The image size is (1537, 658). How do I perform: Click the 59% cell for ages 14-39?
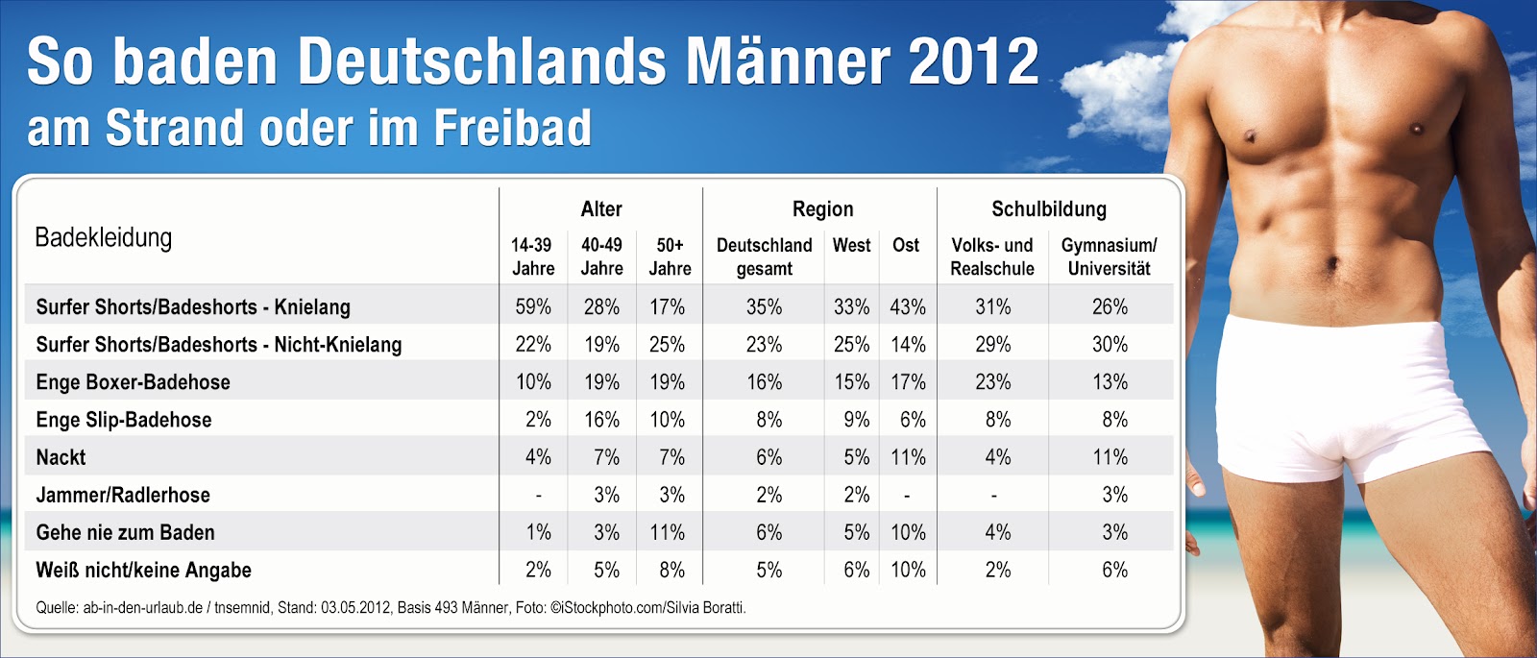click(533, 306)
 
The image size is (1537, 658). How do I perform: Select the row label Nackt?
click(61, 457)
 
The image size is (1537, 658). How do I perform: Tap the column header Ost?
click(906, 245)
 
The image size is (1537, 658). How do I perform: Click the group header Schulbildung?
click(1049, 208)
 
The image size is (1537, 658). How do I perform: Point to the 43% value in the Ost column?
click(908, 306)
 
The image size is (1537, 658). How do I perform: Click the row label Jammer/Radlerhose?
click(123, 495)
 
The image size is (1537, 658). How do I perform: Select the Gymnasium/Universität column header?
click(1109, 256)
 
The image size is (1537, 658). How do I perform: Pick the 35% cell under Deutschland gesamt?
click(764, 306)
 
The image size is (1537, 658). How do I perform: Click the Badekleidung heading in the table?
click(104, 237)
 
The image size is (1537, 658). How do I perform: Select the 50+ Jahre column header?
click(670, 256)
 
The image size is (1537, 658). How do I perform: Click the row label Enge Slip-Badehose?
click(124, 420)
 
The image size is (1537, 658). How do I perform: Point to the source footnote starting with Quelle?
click(391, 607)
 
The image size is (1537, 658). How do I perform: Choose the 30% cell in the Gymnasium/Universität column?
click(1110, 344)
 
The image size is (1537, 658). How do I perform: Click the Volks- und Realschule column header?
click(992, 256)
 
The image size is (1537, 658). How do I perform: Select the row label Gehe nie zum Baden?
click(125, 532)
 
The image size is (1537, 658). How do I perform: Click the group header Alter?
click(601, 208)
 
